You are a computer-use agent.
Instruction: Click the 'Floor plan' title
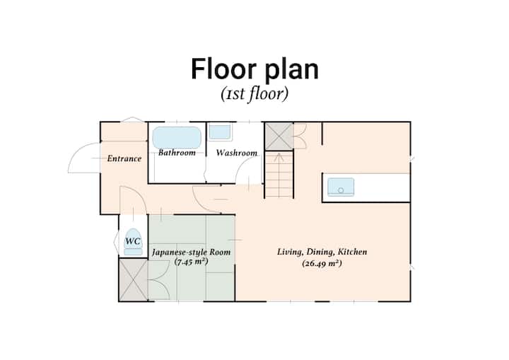255,69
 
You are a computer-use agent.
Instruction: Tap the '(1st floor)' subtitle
255,94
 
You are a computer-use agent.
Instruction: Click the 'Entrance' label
124,158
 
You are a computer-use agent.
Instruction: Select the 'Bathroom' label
177,153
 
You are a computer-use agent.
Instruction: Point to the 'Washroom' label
237,153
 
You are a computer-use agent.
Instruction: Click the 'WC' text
133,241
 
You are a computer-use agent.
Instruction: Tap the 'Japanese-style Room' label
191,252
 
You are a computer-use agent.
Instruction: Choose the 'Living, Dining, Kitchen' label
322,252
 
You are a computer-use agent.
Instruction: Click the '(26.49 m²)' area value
322,263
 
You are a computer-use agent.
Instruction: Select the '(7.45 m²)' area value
191,262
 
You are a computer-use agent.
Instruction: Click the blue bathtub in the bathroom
177,138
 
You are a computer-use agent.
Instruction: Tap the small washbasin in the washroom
220,132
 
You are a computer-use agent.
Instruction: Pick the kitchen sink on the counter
341,187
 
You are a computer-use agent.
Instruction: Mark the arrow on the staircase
279,158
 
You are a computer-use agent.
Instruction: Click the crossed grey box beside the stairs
279,136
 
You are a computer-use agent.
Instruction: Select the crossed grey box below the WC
134,280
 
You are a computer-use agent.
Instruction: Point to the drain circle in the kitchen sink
341,191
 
